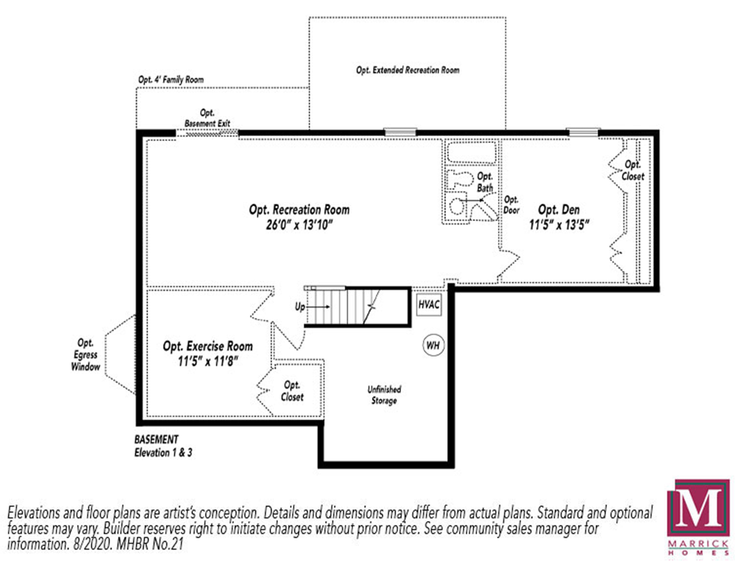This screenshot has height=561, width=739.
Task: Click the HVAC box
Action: coord(429,304)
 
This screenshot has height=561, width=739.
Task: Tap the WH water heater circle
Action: coord(433,345)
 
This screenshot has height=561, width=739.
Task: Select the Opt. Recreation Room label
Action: coord(299,210)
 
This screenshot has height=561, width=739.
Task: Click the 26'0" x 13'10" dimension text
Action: coord(299,225)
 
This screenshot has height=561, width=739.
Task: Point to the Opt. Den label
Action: coord(559,210)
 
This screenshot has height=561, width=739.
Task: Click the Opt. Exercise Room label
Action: coord(208,346)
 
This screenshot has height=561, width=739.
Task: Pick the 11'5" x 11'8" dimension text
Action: coord(208,362)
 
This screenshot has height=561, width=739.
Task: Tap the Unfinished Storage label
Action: coord(384,395)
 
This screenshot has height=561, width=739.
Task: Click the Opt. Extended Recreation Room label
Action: coord(408,70)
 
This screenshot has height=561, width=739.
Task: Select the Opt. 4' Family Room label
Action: coord(171,80)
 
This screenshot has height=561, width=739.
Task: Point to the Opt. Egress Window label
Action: coord(86,355)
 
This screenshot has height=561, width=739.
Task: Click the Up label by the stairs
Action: coord(300,306)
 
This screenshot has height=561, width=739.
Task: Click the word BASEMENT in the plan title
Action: coord(156,439)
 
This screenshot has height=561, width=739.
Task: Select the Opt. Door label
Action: coord(511,205)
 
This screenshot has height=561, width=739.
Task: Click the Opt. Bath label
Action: coord(485,182)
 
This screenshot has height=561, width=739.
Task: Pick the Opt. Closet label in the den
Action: coord(632,171)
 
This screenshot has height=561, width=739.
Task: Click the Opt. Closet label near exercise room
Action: coord(292,391)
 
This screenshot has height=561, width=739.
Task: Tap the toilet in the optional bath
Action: coord(456,179)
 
